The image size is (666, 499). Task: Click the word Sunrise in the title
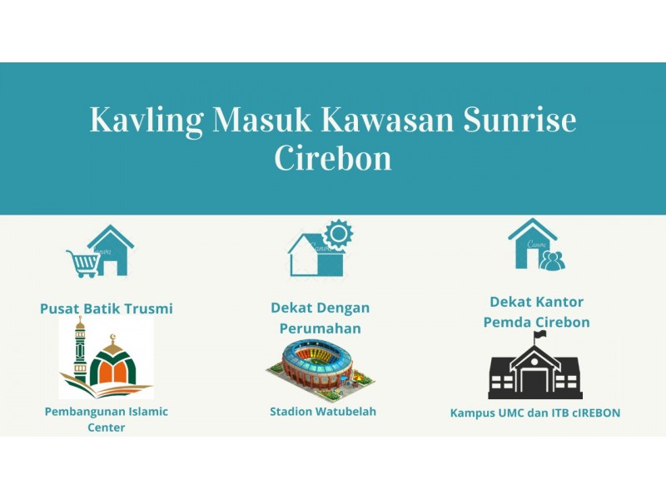[x=519, y=119]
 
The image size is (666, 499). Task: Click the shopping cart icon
[x=82, y=264]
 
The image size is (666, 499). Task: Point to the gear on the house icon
[x=338, y=234]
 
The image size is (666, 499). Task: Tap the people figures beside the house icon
[x=552, y=261]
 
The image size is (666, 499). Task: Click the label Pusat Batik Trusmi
[x=107, y=309]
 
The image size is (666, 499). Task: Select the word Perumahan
[x=321, y=329]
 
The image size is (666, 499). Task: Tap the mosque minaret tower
[x=80, y=349]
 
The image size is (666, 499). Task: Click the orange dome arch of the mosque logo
[x=112, y=368]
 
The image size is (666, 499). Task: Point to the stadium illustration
[x=321, y=369]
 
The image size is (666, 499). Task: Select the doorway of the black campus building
[x=535, y=382]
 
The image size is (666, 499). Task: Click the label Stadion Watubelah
[x=323, y=411]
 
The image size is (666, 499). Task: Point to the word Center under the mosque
[x=107, y=427]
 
